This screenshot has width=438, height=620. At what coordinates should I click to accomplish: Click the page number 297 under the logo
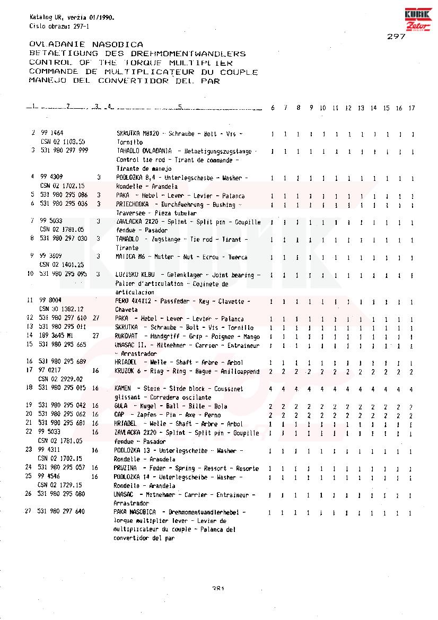click(x=396, y=37)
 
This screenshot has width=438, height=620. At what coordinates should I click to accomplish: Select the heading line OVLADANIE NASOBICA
click(x=86, y=45)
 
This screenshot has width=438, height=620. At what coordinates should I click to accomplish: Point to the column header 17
click(x=412, y=108)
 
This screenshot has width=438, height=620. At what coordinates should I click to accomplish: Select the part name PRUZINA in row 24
click(x=126, y=468)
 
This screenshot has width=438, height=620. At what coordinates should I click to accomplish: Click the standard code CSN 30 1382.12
click(x=62, y=309)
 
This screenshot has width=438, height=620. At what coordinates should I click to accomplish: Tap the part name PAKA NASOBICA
click(x=135, y=512)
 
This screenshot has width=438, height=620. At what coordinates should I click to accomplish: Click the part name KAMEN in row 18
click(x=122, y=389)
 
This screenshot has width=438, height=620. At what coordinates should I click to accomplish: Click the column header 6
click(x=273, y=108)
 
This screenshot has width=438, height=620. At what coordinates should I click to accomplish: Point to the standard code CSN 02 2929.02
click(x=62, y=379)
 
